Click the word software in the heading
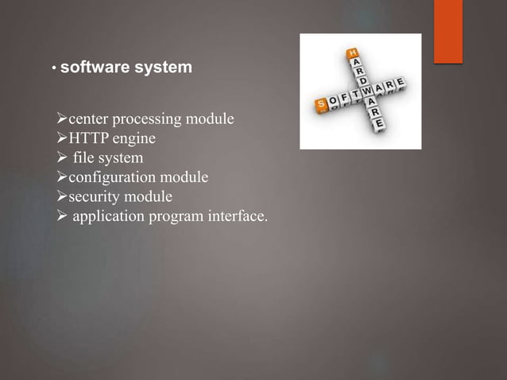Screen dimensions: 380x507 click(93, 68)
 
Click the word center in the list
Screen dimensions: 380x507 click(89, 120)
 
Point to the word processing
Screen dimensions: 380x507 click(149, 120)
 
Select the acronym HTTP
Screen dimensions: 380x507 click(89, 139)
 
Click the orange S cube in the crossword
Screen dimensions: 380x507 click(321, 104)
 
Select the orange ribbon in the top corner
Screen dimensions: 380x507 click(449, 30)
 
